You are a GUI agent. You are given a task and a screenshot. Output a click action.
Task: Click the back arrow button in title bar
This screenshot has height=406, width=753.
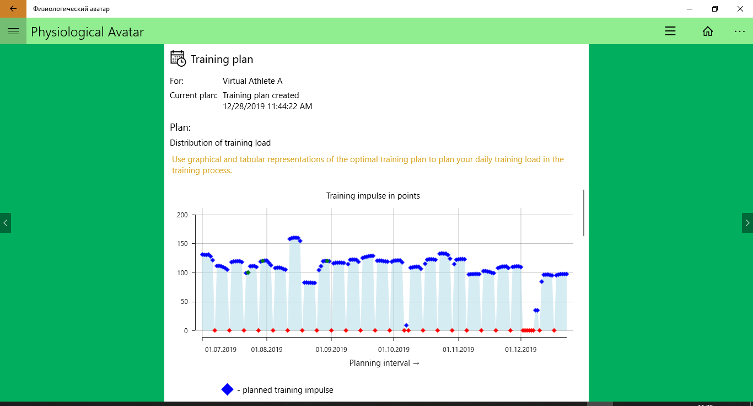[x=13, y=9]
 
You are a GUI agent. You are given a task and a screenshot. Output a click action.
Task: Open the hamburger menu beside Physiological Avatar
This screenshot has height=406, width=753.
[x=13, y=31]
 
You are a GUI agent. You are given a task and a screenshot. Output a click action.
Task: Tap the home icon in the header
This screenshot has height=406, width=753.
[x=708, y=31]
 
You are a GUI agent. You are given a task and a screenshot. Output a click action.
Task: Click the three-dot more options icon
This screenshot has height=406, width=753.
[x=740, y=31]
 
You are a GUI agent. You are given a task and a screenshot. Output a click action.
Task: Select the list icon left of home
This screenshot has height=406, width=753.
[x=670, y=31]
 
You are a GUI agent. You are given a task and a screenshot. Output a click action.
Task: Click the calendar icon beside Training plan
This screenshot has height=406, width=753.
[x=178, y=58]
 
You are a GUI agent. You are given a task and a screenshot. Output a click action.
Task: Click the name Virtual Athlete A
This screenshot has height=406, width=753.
[x=252, y=81]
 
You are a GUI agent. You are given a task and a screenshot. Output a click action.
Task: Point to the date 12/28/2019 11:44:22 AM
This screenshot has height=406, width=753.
[x=267, y=106]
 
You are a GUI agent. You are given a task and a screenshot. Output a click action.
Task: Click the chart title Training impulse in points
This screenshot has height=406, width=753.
[x=373, y=196]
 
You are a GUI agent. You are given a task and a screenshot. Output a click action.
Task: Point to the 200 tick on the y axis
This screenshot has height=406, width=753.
[x=182, y=215]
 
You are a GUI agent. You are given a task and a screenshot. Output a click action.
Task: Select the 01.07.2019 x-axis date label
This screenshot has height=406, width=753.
[x=220, y=349]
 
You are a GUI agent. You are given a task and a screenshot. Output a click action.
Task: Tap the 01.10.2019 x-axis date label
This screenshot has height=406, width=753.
[x=394, y=349]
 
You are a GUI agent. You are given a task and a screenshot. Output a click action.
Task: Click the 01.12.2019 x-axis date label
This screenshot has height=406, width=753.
[x=521, y=349]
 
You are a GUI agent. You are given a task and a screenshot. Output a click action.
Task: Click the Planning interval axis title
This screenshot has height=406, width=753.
[x=384, y=363]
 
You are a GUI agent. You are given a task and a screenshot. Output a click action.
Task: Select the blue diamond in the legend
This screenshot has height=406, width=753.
[x=228, y=389]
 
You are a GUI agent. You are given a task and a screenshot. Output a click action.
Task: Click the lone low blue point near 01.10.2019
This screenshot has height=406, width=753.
[x=406, y=325]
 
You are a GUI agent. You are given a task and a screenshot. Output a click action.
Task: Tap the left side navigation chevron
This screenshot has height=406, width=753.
[x=6, y=223]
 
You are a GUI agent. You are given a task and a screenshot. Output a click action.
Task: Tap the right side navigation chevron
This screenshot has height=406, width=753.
[x=747, y=223]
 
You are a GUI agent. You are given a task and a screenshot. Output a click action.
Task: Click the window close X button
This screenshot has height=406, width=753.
[x=740, y=9]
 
